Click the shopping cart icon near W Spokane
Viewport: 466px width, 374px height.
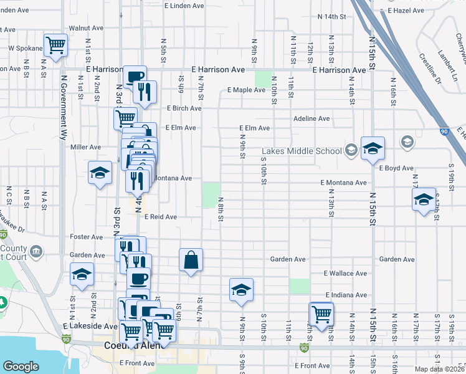55,45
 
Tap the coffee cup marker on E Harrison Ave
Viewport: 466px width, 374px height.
135,77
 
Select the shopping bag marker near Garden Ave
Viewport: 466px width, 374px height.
191,260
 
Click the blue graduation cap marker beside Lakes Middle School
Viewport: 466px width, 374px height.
373,148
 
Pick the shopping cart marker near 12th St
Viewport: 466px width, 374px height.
321,314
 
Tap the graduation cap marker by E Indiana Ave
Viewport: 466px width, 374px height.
241,290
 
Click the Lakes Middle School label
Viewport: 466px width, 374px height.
302,151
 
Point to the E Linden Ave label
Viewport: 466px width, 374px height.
184,6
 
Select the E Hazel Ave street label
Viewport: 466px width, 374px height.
406,11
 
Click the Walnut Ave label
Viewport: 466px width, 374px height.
86,28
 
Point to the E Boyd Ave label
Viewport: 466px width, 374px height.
396,168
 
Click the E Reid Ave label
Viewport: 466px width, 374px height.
161,217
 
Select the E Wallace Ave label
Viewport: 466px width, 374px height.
345,274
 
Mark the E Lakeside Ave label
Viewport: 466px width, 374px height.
90,326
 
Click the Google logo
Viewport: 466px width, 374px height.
21,367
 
